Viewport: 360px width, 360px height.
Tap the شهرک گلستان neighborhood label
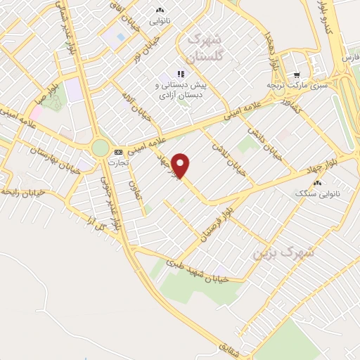(204, 46)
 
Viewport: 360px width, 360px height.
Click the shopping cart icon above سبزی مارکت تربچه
(297, 74)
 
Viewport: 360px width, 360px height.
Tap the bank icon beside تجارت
(118, 151)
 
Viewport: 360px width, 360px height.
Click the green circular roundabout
(101, 147)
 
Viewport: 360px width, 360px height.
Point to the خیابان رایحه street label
(24, 191)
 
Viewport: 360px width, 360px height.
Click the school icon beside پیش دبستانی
(181, 73)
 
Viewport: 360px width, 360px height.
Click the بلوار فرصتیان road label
(216, 225)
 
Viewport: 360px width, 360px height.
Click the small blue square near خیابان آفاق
(121, 37)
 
